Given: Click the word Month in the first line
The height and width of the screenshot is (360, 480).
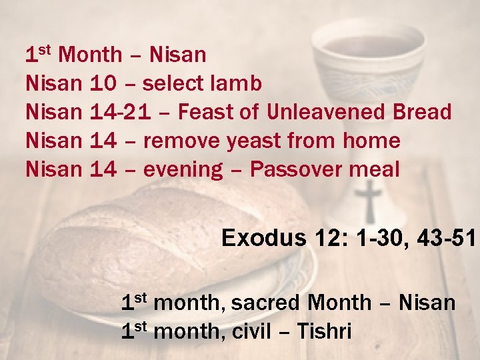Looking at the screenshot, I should click(x=95, y=55).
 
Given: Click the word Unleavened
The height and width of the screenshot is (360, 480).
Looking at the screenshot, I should click(x=323, y=113).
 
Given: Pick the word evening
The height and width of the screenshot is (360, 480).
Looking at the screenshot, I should click(x=182, y=170).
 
